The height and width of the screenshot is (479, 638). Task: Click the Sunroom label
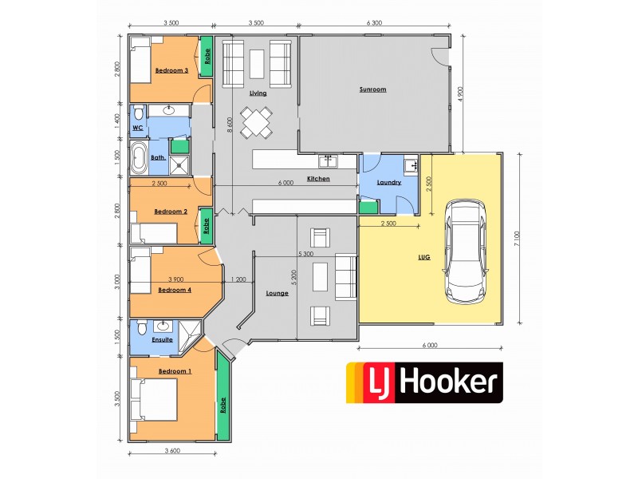click(372, 89)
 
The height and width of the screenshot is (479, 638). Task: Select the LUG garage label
click(424, 258)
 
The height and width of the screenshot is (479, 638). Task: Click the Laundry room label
click(388, 183)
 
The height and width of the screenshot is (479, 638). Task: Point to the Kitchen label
click(318, 179)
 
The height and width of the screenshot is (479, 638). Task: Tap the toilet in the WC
click(138, 112)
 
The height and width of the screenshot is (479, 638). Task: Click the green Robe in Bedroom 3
click(207, 57)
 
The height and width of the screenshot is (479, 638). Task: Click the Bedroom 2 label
click(171, 212)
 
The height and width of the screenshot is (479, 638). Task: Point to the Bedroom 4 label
click(175, 290)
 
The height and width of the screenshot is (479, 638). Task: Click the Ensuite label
click(162, 339)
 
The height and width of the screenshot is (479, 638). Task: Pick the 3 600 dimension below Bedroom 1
click(171, 453)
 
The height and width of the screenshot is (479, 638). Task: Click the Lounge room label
click(277, 293)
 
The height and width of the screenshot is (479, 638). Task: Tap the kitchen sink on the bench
click(347, 162)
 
